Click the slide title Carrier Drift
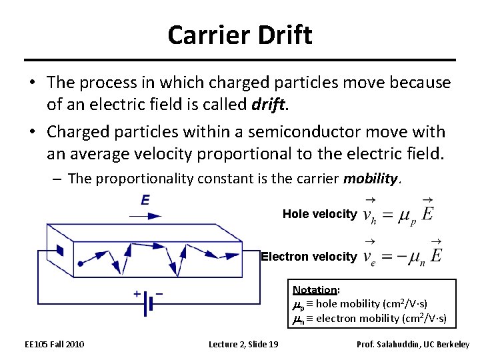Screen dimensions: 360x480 (x=240, y=35)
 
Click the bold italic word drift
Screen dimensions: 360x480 (x=269, y=103)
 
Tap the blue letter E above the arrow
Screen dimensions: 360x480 (x=145, y=200)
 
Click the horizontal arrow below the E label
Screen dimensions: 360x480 (x=145, y=216)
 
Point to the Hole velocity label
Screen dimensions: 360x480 (x=319, y=214)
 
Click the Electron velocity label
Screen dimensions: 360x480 (x=309, y=257)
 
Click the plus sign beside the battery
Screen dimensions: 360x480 (x=136, y=293)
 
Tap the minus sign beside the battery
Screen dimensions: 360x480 (x=159, y=293)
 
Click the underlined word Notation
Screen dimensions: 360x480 (x=315, y=290)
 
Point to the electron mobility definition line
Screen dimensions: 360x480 (x=370, y=318)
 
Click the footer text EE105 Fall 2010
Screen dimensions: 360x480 (x=55, y=344)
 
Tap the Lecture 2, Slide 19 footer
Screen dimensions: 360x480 (x=243, y=344)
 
